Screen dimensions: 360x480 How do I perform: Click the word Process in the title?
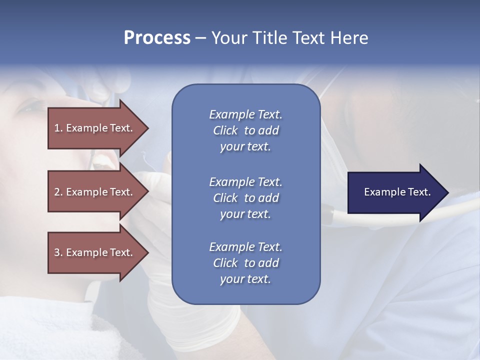click(x=157, y=38)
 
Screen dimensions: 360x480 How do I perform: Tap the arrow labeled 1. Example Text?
click(x=95, y=128)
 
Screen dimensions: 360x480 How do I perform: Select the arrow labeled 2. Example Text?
click(x=95, y=192)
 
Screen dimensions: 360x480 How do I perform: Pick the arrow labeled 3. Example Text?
click(x=95, y=252)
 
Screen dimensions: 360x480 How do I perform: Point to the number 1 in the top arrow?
click(x=57, y=128)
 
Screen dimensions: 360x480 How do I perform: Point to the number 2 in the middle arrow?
click(x=57, y=192)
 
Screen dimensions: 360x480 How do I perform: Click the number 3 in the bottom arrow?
click(x=57, y=252)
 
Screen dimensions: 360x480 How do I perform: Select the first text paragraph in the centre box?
click(x=245, y=130)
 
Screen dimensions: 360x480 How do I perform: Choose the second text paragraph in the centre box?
click(x=245, y=197)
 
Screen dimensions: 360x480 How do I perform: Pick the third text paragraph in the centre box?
click(x=245, y=263)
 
